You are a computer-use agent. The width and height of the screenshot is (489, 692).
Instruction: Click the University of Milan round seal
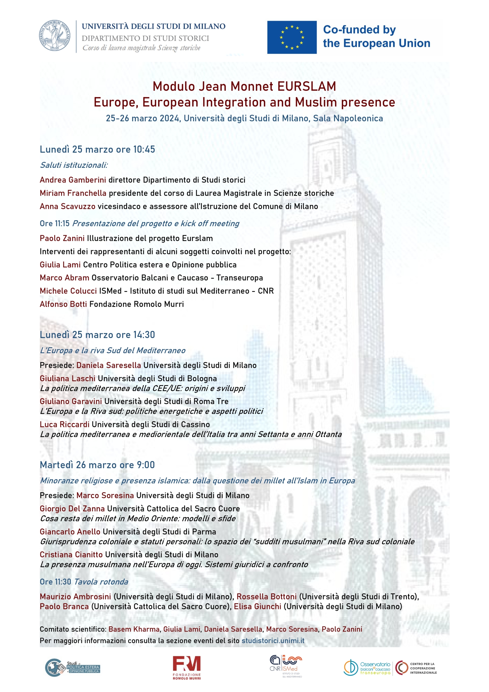(x=55, y=36)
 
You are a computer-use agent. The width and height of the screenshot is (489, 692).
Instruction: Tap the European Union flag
(x=292, y=37)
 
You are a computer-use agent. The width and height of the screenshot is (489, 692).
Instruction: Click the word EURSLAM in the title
(x=306, y=86)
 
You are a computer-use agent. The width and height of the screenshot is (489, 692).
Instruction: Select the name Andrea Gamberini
(x=73, y=180)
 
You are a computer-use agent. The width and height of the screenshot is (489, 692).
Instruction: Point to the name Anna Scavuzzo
(x=68, y=207)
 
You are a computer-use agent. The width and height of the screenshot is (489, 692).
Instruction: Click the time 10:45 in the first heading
(x=144, y=149)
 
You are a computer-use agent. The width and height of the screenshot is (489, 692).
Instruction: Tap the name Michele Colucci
(x=68, y=291)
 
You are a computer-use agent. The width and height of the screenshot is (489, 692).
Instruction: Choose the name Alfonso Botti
(x=63, y=304)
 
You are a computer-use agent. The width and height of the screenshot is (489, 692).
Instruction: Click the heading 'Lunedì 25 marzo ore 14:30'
(x=97, y=335)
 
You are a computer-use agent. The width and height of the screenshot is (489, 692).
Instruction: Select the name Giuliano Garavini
(x=71, y=401)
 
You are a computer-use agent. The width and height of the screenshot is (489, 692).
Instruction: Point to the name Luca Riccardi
(x=65, y=424)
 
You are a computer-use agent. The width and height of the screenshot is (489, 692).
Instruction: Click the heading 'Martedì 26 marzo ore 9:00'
(x=97, y=465)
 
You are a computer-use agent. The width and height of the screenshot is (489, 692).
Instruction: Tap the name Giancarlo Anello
(x=70, y=532)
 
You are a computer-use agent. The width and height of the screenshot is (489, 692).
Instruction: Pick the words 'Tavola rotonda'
(x=101, y=582)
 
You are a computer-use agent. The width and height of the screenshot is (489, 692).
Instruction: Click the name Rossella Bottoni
(x=266, y=597)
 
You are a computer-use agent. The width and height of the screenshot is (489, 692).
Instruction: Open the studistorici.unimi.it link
(x=273, y=640)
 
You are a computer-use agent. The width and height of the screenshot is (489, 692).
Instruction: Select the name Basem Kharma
(x=134, y=629)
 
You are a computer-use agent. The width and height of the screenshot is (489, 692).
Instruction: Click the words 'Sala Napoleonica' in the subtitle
(x=348, y=118)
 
